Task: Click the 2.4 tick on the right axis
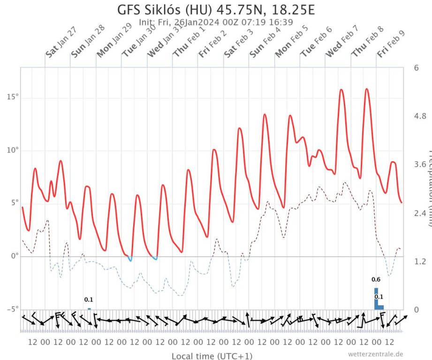click(x=420, y=213)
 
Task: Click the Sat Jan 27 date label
click(x=61, y=45)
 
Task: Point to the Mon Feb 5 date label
click(x=291, y=44)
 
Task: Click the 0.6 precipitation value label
click(x=376, y=280)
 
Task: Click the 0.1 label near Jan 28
click(x=89, y=300)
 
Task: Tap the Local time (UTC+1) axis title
click(x=212, y=356)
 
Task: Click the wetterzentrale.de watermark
click(x=375, y=354)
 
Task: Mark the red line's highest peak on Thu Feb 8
click(x=366, y=89)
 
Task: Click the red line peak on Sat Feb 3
click(x=239, y=128)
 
